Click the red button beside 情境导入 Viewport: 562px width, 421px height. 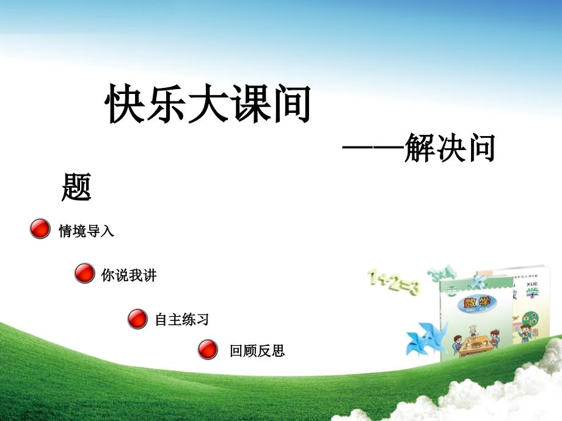coord(40,229)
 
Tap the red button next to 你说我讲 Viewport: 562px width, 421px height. coord(84,273)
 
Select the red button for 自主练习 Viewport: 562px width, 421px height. coord(137,319)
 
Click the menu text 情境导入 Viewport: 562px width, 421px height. coord(86,231)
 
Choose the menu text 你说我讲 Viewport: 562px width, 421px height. coord(129,275)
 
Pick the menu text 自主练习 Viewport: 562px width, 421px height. coord(181,319)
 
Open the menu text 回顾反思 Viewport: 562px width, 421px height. coord(257,350)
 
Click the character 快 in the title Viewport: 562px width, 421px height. coord(125,104)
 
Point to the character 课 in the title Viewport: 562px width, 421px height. coord(249,104)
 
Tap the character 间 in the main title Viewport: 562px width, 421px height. coord(290,104)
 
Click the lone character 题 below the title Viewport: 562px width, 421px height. coord(76,187)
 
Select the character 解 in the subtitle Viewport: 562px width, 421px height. coord(419,148)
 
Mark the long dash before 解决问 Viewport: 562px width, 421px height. coord(373,147)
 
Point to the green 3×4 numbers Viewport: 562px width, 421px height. coord(442,275)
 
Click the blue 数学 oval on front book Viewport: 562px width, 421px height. coord(477,304)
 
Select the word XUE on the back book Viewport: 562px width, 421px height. coord(532,284)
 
